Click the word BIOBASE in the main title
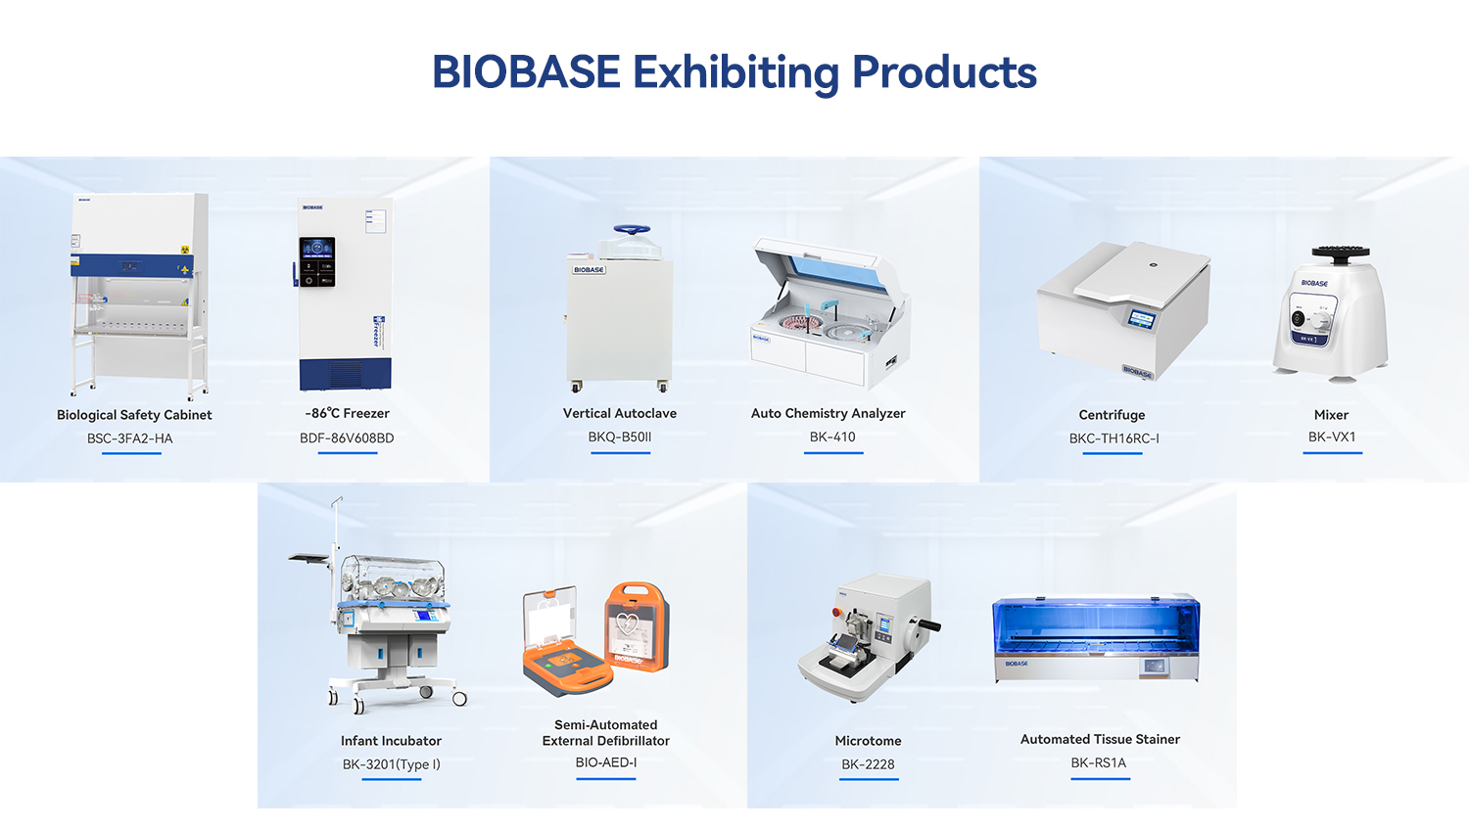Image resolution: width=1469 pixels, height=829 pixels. [526, 71]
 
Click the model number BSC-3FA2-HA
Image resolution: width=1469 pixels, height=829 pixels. [130, 438]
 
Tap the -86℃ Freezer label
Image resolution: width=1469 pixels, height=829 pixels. [347, 413]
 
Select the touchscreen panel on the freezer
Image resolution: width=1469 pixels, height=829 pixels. [317, 261]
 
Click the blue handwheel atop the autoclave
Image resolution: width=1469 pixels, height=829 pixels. [632, 229]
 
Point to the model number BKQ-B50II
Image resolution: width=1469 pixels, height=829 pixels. [620, 438]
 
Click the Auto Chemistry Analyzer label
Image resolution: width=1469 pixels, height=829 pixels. [828, 413]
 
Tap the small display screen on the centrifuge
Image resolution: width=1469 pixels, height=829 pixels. [1142, 319]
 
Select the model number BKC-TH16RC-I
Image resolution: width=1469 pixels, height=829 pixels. [1114, 438]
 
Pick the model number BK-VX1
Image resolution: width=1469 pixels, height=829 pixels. [1331, 438]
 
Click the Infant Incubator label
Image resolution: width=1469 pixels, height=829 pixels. [391, 741]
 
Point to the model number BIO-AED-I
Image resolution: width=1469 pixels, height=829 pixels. [606, 762]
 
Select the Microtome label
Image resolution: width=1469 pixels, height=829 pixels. [868, 741]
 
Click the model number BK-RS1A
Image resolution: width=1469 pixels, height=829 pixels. [1099, 762]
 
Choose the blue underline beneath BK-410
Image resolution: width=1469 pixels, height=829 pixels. [833, 453]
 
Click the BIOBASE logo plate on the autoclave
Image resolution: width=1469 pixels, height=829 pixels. [589, 269]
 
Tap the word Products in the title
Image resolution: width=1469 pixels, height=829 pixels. [944, 71]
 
